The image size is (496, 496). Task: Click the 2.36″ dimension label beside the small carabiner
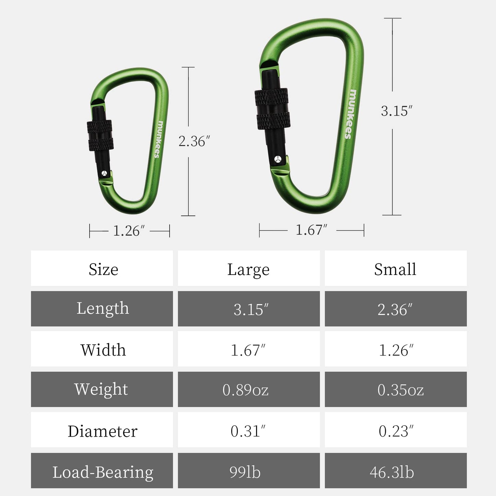pos(194,141)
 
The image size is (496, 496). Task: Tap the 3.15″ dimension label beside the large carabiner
pos(396,111)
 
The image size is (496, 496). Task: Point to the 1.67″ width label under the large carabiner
pos(311,230)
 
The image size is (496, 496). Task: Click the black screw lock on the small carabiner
pos(100,135)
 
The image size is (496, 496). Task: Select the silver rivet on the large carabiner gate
pos(278,159)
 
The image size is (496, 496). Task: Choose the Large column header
pos(249,269)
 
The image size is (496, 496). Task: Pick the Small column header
pos(395,269)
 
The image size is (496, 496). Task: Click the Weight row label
pos(101,390)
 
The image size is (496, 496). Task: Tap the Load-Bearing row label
pos(103,472)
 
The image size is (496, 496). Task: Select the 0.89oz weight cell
pos(245,390)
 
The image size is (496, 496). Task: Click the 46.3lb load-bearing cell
pos(392,472)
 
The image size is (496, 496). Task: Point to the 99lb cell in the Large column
pos(245,472)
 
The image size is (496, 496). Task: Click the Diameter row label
pos(102,431)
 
